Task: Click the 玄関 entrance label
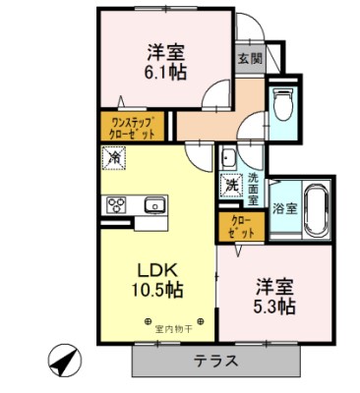(249, 58)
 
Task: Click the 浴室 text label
(284, 208)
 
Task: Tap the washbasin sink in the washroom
(228, 158)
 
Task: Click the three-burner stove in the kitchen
(115, 205)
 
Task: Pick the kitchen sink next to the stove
(154, 205)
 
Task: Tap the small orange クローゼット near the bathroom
(239, 227)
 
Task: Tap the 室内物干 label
(176, 320)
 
